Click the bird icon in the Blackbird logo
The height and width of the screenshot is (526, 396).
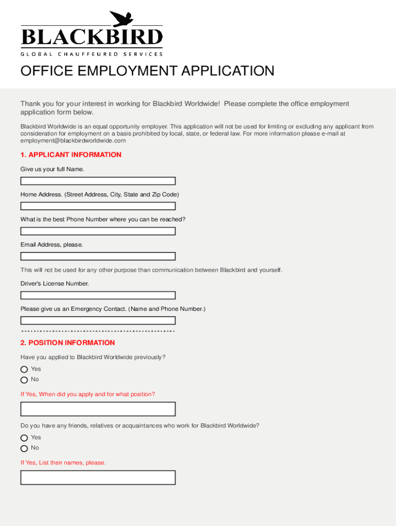coord(122,19)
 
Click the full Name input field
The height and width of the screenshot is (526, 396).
coord(98,181)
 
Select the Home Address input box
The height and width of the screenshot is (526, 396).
coord(98,206)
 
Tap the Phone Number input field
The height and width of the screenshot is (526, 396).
coord(98,231)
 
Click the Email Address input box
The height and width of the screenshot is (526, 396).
coord(98,256)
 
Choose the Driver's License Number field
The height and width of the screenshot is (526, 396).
coord(98,295)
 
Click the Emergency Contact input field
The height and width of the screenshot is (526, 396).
coord(98,321)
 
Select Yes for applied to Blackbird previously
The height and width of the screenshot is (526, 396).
coord(24,369)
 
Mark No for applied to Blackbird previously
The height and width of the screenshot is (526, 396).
coord(24,380)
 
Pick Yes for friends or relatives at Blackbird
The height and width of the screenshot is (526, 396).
coord(24,438)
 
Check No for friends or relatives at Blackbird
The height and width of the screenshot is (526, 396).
coord(24,448)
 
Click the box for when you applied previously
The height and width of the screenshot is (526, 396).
coord(98,409)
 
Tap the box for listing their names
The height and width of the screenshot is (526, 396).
coord(98,477)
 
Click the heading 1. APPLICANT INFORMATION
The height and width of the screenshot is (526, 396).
coord(71,155)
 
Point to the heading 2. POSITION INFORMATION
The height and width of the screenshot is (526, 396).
coord(67,343)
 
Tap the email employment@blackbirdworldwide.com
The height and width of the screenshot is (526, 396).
coord(73,140)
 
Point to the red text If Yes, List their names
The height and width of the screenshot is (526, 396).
coord(63,463)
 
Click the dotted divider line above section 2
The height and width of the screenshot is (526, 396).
coord(98,331)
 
